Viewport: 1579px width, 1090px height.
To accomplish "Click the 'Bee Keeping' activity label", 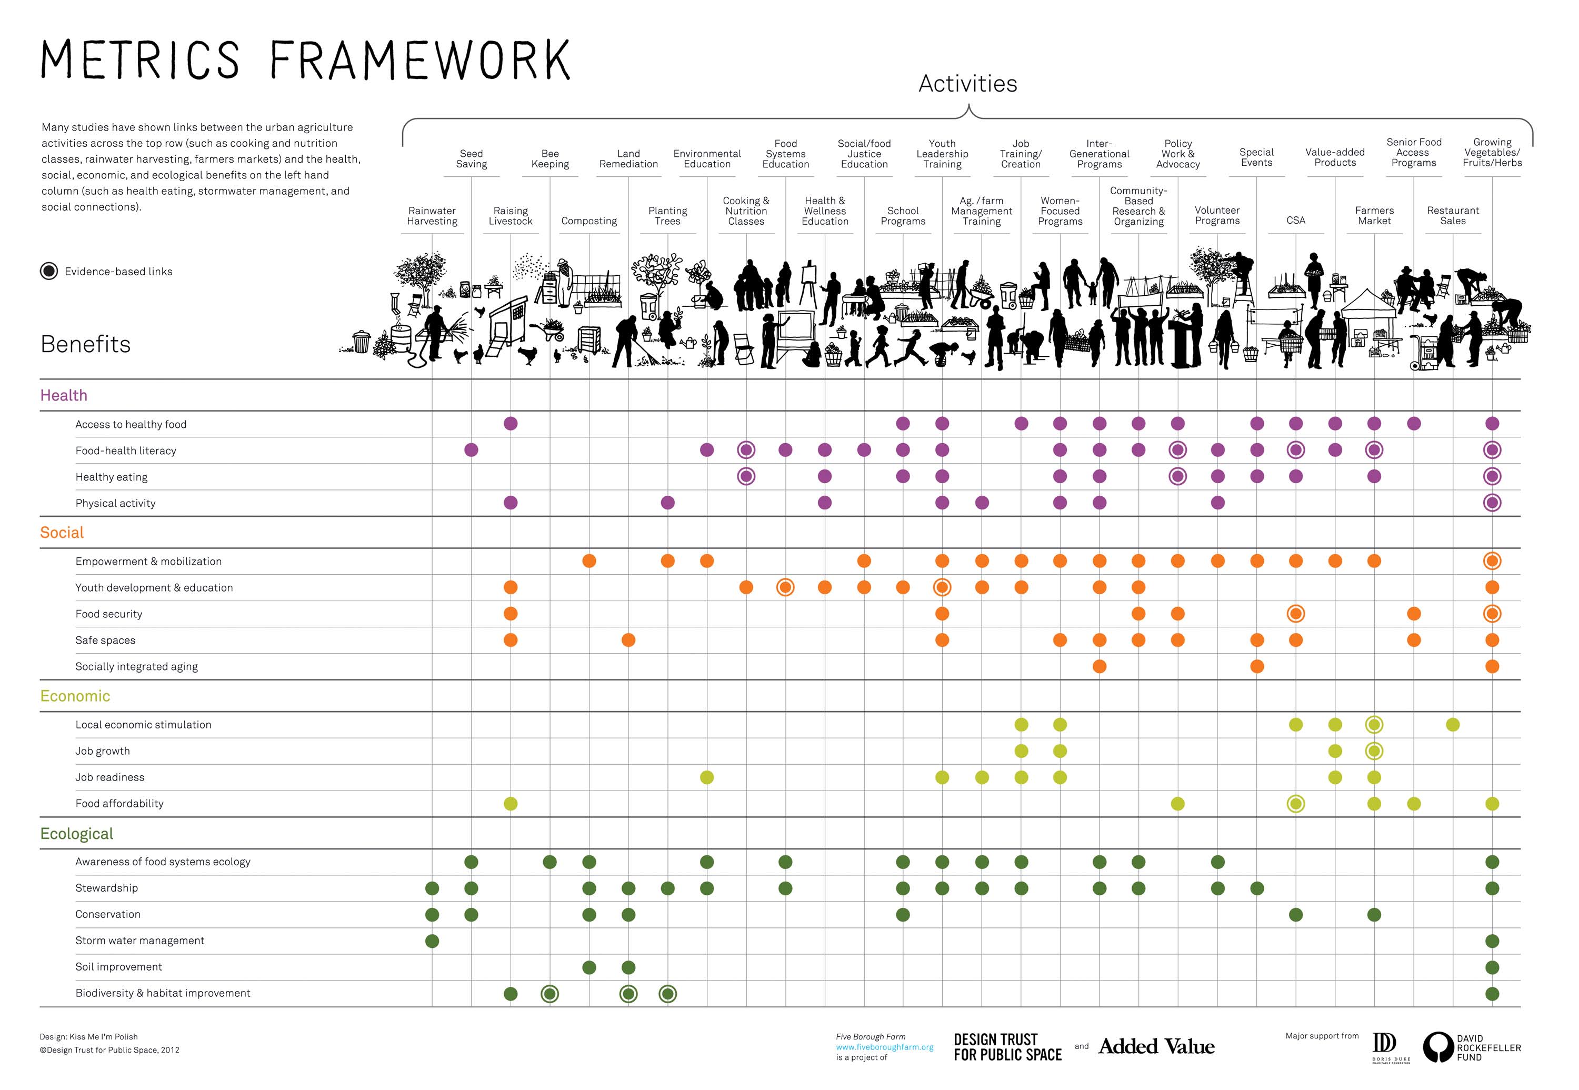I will pyautogui.click(x=550, y=158).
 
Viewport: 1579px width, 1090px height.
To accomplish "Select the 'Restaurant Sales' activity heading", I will pyautogui.click(x=1453, y=215).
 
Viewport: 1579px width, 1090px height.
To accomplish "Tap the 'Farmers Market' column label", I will pyautogui.click(x=1374, y=215).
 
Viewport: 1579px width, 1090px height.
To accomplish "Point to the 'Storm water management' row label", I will pyautogui.click(x=139, y=941).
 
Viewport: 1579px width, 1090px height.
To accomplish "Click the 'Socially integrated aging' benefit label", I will pyautogui.click(x=137, y=666).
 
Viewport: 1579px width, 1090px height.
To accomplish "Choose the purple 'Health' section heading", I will pyautogui.click(x=64, y=395).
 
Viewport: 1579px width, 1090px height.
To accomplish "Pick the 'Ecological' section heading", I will pyautogui.click(x=76, y=834).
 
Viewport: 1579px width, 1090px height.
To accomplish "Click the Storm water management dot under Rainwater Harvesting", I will pyautogui.click(x=432, y=941).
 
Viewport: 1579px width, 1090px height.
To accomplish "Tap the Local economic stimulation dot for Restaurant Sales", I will pyautogui.click(x=1453, y=725).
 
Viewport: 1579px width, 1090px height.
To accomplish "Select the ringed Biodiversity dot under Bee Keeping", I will pyautogui.click(x=550, y=994).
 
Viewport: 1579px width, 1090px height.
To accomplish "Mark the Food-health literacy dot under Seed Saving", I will pyautogui.click(x=471, y=450).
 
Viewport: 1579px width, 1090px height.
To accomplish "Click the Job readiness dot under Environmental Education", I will pyautogui.click(x=707, y=777).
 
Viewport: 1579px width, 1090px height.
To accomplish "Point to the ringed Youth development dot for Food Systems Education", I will pyautogui.click(x=785, y=587).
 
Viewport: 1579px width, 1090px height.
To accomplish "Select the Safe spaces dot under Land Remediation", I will pyautogui.click(x=628, y=640).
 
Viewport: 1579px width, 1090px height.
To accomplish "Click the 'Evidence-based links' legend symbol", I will pyautogui.click(x=49, y=271).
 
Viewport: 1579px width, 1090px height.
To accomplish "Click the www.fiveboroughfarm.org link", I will pyautogui.click(x=884, y=1047).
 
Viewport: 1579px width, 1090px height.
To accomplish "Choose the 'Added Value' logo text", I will pyautogui.click(x=1156, y=1046).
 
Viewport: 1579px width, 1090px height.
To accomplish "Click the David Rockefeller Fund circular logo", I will pyautogui.click(x=1437, y=1047).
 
